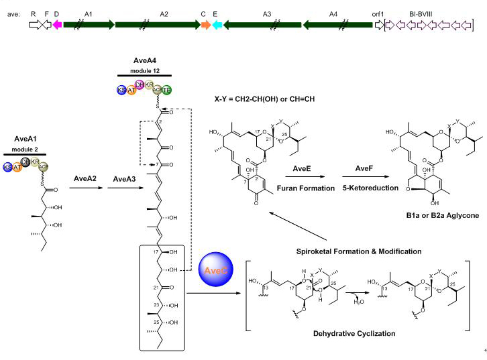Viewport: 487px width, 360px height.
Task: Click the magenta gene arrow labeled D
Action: [x=57, y=25]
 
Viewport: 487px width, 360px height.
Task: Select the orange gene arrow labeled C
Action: [x=206, y=25]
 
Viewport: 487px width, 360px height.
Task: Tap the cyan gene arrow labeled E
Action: [x=217, y=25]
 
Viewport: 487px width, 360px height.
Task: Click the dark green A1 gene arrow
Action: [x=87, y=25]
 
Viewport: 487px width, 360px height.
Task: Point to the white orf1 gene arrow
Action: [x=380, y=25]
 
